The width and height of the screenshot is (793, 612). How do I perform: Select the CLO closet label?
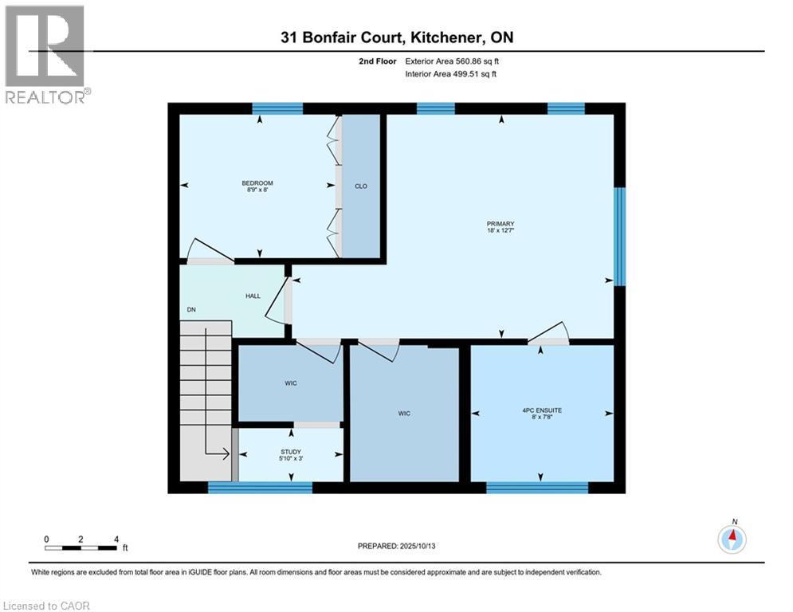tap(361, 186)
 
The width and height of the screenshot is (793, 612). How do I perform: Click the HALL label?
tap(252, 296)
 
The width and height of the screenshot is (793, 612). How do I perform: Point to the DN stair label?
tap(191, 310)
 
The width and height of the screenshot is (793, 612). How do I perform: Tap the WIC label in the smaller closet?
tap(291, 384)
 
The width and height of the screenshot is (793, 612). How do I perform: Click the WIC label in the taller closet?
tap(405, 413)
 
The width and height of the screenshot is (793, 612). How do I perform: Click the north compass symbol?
tap(731, 539)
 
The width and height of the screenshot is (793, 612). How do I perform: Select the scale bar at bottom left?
tap(81, 547)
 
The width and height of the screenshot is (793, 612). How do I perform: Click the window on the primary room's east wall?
tap(619, 236)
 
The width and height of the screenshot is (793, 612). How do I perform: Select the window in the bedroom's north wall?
tap(277, 108)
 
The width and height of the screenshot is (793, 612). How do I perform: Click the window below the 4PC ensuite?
tap(538, 487)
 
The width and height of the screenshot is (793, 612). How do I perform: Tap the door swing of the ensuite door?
tap(550, 332)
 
